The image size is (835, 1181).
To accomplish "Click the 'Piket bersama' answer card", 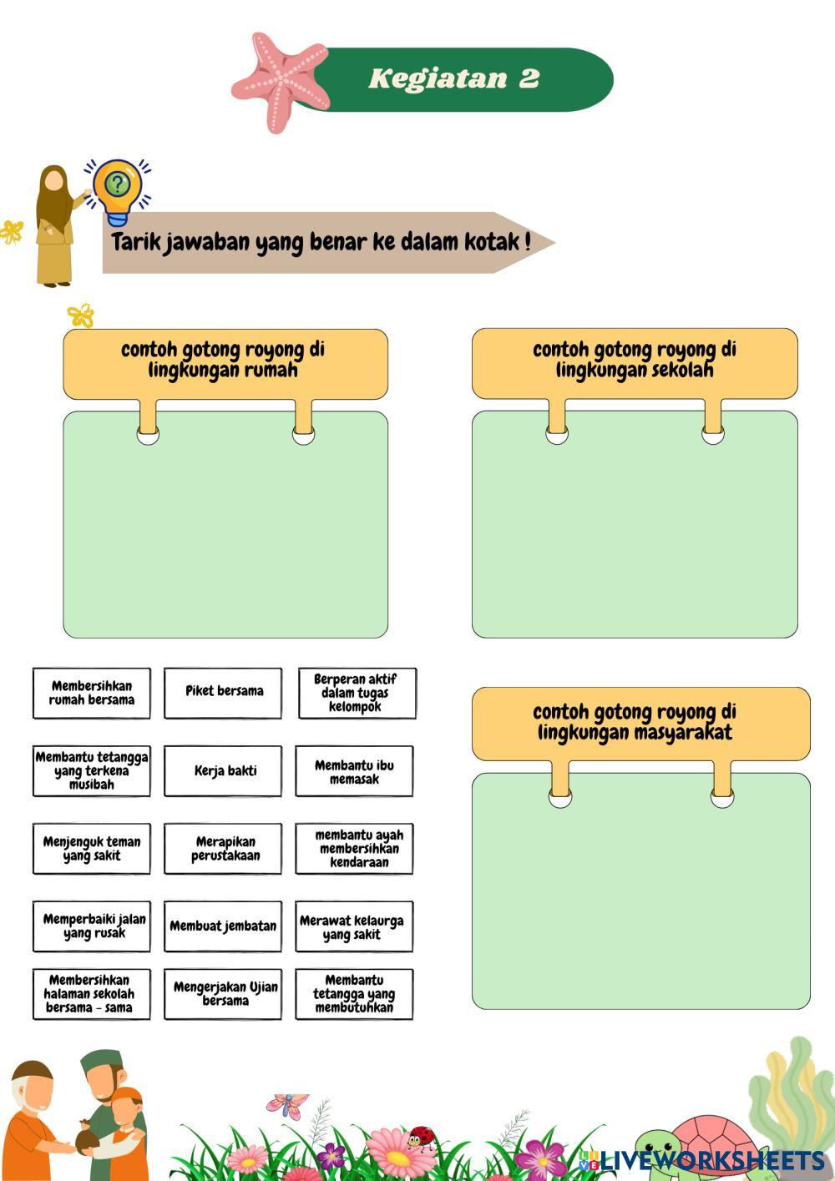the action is (x=223, y=692).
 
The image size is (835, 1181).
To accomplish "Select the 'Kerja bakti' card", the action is (x=223, y=771).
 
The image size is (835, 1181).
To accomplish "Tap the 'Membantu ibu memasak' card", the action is (x=354, y=771).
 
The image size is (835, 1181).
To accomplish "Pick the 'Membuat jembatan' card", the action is (x=223, y=926).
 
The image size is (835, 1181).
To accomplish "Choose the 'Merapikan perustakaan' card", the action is (x=223, y=849).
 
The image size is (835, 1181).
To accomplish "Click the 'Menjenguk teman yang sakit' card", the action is (x=92, y=849).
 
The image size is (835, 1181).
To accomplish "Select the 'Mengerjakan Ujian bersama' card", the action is (x=223, y=994).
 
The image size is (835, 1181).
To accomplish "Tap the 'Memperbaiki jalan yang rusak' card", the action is (x=92, y=926).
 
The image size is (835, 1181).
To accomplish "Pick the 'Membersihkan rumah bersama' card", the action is (x=92, y=692).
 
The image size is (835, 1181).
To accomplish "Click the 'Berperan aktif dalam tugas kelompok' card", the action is (x=357, y=692).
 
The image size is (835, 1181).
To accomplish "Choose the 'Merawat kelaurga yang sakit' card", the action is (x=354, y=926).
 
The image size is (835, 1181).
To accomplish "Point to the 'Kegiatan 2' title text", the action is (x=454, y=78).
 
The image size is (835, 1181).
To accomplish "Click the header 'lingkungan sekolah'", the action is (x=635, y=361).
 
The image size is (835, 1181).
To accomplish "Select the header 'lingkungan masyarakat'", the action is (x=635, y=723).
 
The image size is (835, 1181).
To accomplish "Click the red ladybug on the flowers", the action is (x=422, y=1137).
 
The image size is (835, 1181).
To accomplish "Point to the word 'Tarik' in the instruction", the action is (x=135, y=243).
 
